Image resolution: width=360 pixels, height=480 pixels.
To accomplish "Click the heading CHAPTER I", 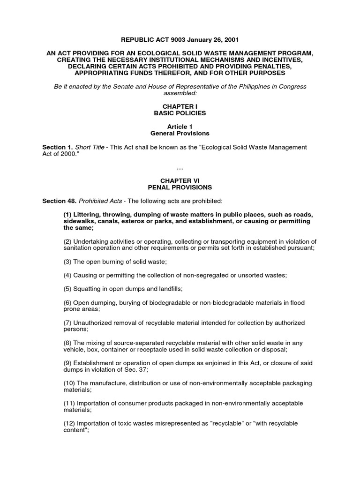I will coord(180,106).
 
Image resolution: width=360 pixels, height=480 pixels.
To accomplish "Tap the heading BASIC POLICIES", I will coord(180,113).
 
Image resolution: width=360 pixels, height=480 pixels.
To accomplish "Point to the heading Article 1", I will coord(180,127).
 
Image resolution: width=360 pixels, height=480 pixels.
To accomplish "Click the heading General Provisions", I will coord(180,133).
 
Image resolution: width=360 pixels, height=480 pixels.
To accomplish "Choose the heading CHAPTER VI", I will coord(180,180).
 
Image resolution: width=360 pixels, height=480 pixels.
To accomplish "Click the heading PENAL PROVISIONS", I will coord(180,187).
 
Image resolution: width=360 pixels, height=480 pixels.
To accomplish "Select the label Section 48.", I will coord(59,201).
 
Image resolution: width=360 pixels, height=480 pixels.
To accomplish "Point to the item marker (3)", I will coord(68,261).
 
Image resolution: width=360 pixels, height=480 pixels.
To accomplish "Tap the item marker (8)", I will coord(68,343).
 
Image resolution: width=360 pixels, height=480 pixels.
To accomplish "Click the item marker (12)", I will coord(70,423).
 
